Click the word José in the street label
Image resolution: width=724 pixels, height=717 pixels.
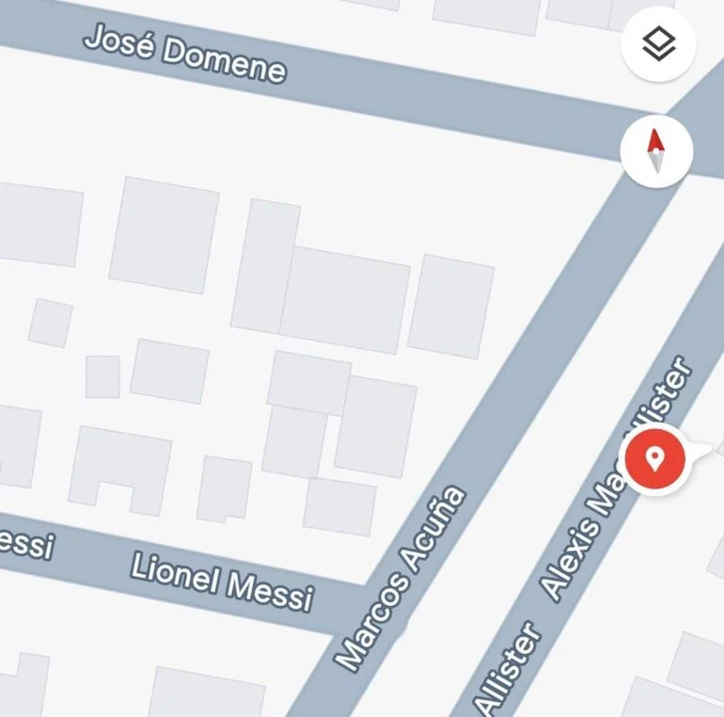118,41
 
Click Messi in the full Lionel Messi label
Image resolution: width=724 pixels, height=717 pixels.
270,591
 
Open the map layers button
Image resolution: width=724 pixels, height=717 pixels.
658,43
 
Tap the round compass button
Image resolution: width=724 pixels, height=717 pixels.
656,151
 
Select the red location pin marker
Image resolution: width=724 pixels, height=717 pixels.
656,458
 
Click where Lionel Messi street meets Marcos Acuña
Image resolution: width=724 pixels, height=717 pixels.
371,602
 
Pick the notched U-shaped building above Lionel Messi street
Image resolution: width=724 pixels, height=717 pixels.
119,467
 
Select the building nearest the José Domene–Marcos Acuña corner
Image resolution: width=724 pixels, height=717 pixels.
450,306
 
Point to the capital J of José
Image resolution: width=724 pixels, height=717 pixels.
94,38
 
